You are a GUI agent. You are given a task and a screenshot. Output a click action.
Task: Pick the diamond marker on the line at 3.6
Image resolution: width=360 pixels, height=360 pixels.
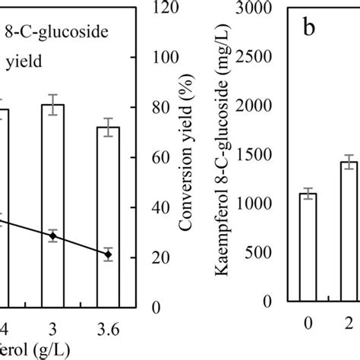pyautogui.click(x=108, y=255)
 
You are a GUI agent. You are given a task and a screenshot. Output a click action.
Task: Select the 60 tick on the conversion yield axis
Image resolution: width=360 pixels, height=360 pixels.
pyautogui.click(x=142, y=158)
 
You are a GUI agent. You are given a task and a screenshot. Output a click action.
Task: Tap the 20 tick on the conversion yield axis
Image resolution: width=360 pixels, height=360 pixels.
pyautogui.click(x=142, y=257)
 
